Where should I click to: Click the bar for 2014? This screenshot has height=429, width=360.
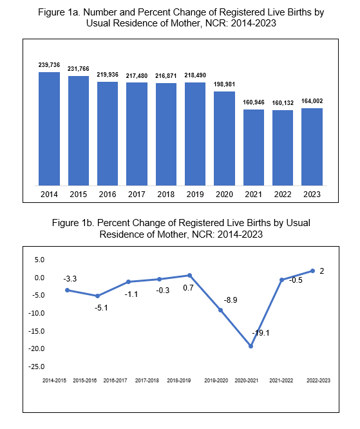[x=49, y=129]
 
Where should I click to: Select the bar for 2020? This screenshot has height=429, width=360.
[x=224, y=138]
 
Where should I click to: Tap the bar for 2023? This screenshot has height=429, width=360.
[x=312, y=147]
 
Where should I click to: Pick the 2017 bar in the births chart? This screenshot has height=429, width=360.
[x=137, y=134]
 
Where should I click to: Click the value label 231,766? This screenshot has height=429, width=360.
[x=79, y=69]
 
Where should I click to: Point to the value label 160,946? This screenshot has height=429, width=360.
[x=254, y=102]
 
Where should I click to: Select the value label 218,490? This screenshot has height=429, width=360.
[x=195, y=75]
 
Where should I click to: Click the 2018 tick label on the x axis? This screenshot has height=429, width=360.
[x=166, y=195]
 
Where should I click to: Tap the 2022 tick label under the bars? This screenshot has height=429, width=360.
[x=283, y=195]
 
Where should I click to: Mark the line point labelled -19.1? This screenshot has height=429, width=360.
[x=251, y=346]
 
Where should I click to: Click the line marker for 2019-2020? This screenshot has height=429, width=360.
[x=220, y=310]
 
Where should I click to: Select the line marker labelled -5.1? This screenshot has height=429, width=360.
[x=98, y=296]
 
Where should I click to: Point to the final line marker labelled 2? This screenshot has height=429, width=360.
[x=313, y=271]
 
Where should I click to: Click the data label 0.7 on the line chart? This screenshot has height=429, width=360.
[x=188, y=288]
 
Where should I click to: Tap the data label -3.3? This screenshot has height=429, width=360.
[x=70, y=279]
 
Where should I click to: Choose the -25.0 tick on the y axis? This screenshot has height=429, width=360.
[x=36, y=367]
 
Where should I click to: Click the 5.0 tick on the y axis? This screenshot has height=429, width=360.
[x=39, y=260]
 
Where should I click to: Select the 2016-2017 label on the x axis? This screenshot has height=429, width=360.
[x=115, y=380]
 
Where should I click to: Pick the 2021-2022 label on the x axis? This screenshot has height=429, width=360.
[x=281, y=380]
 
